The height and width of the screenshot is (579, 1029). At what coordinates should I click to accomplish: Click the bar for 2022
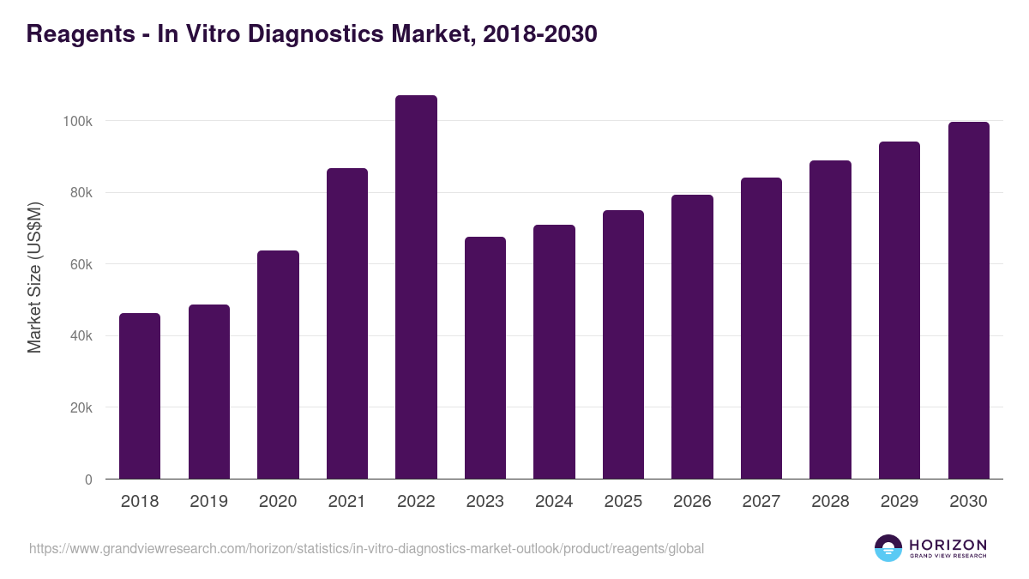416,287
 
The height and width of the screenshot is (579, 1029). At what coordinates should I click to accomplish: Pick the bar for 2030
969,300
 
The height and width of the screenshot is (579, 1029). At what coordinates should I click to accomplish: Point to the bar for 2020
278,365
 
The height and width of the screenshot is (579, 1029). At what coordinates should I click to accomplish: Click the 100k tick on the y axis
78,121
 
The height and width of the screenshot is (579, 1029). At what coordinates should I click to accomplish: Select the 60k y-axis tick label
81,264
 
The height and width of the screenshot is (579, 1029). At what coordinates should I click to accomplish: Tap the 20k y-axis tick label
81,407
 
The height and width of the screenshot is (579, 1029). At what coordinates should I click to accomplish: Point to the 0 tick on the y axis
88,479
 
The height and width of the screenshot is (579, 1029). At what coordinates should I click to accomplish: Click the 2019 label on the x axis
208,502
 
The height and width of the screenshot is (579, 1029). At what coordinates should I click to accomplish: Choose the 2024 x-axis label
554,502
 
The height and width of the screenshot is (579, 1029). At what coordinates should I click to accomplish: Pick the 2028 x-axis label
830,502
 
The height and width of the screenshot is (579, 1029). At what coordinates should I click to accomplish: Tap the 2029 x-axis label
900,502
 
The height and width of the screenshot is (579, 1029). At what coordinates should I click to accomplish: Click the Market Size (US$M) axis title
34,278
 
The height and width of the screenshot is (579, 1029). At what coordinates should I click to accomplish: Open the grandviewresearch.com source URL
366,548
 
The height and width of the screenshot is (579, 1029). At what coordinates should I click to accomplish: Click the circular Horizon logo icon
888,548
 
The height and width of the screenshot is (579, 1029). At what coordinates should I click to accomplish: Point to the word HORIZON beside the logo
948,545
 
